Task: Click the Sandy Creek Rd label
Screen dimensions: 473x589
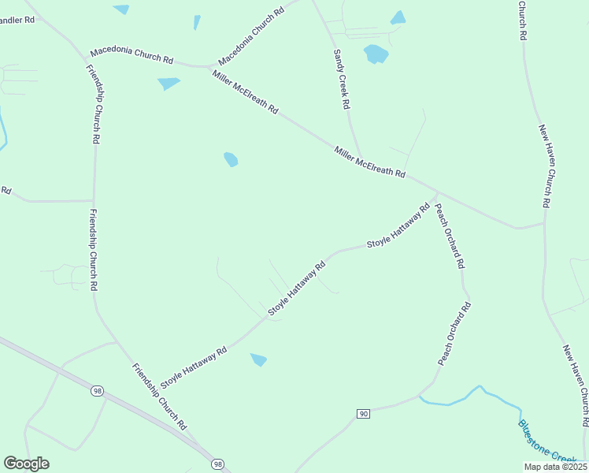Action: [x=341, y=79]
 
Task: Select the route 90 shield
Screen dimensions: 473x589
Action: [x=363, y=414]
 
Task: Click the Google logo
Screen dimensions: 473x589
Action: [x=26, y=464]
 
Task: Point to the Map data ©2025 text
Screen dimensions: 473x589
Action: [x=555, y=467]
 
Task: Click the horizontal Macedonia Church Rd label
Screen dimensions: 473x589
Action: [x=132, y=56]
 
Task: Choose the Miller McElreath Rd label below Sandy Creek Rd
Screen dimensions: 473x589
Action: [x=369, y=162]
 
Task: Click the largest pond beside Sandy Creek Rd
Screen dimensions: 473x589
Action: [x=376, y=54]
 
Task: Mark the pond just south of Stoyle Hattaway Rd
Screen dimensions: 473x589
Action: [x=258, y=359]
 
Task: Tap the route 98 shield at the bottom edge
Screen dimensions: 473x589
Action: [x=217, y=465]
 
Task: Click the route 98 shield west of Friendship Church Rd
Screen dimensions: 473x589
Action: [x=97, y=391]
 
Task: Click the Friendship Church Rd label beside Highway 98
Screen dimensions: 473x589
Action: [x=160, y=396]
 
